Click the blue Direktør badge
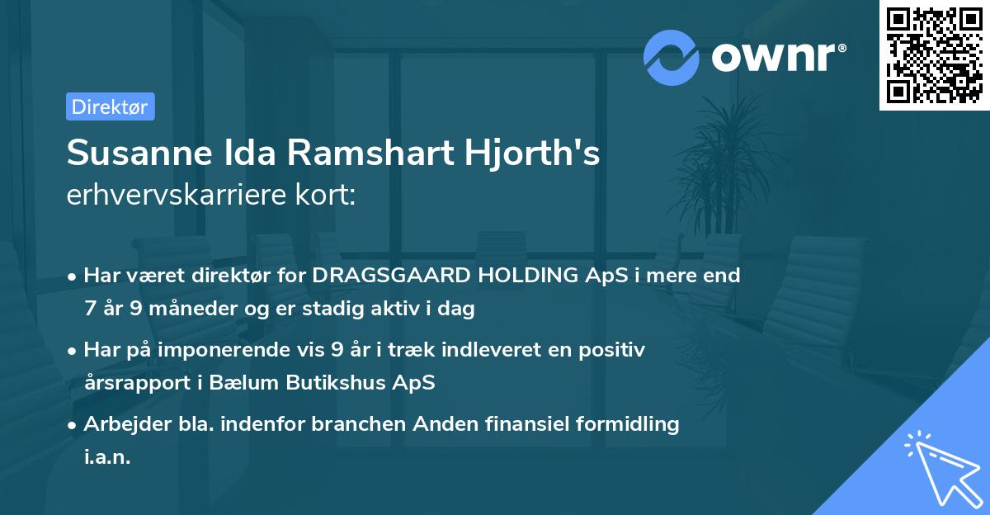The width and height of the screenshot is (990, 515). click(110, 106)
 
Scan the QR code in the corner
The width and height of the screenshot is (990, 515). click(933, 54)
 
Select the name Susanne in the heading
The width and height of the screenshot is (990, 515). click(136, 153)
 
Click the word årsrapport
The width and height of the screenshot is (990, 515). click(136, 383)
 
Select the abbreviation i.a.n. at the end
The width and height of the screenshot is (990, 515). click(107, 457)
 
